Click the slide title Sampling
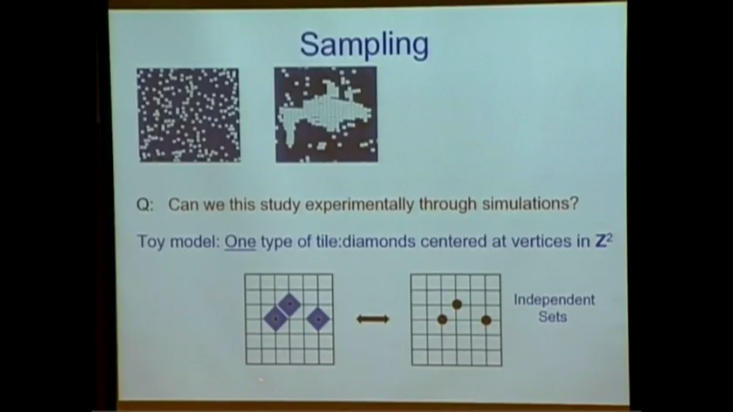pyautogui.click(x=364, y=45)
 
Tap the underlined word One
pyautogui.click(x=240, y=241)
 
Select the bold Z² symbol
pyautogui.click(x=604, y=241)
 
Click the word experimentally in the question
pyautogui.click(x=359, y=204)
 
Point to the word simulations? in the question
pyautogui.click(x=530, y=204)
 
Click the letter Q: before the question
pyautogui.click(x=145, y=205)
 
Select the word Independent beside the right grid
pyautogui.click(x=554, y=300)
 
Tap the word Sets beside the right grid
pyautogui.click(x=552, y=317)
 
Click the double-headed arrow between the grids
pyautogui.click(x=373, y=319)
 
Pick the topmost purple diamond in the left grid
pyautogui.click(x=289, y=304)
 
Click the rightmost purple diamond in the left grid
pyautogui.click(x=318, y=319)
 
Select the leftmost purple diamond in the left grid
pyautogui.click(x=275, y=319)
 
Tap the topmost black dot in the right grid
pyautogui.click(x=457, y=304)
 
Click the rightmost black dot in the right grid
pyautogui.click(x=486, y=320)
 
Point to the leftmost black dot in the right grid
pyautogui.click(x=442, y=320)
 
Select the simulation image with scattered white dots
pyautogui.click(x=189, y=115)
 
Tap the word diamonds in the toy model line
pyautogui.click(x=379, y=241)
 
